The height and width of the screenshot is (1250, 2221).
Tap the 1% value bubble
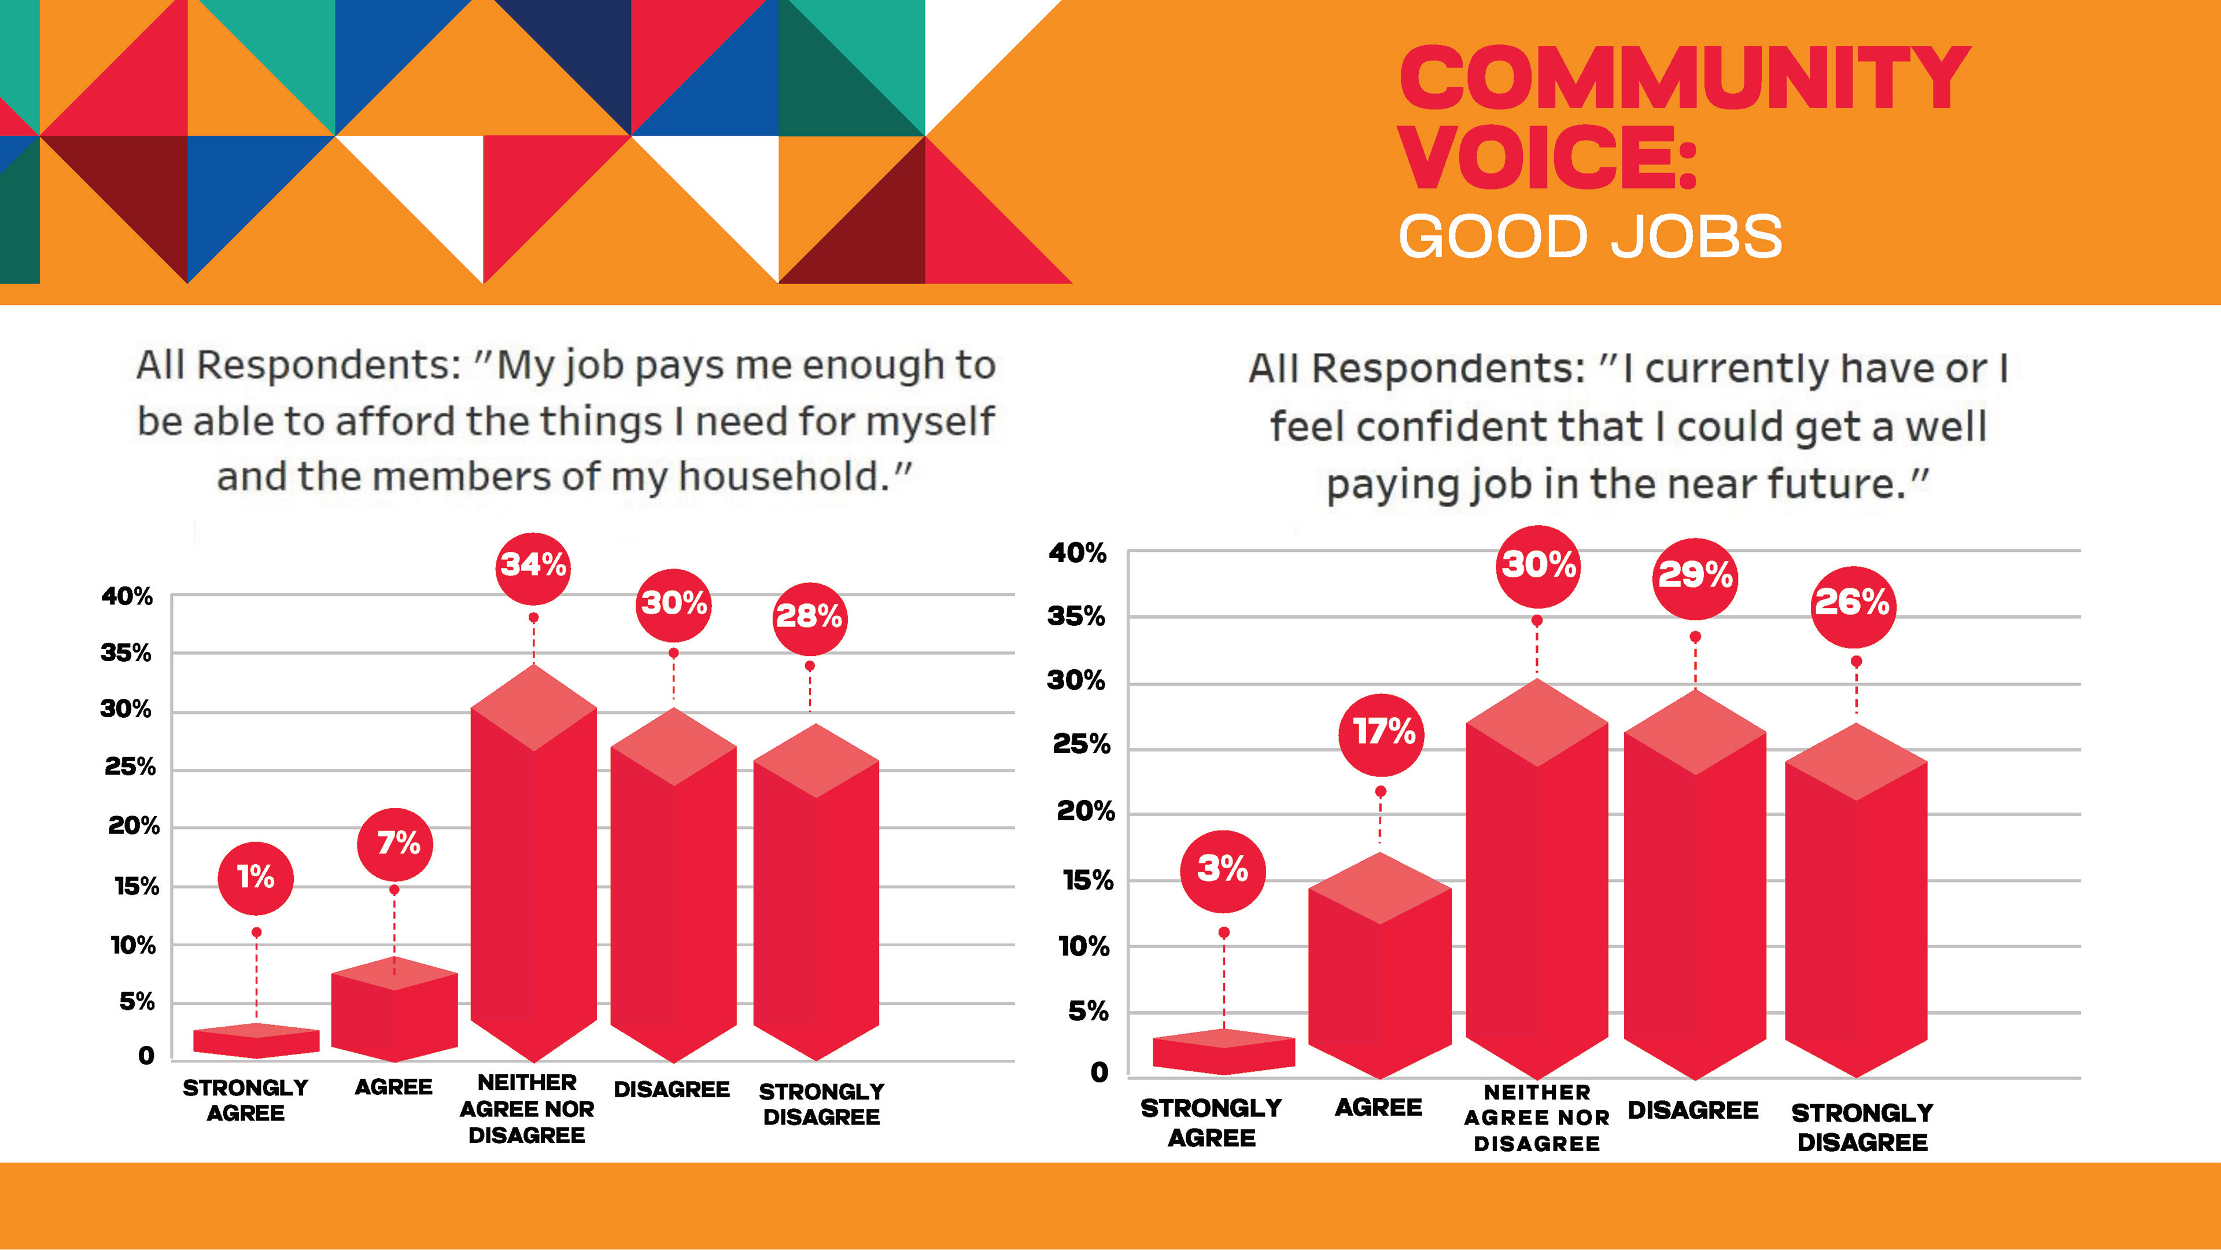pyautogui.click(x=255, y=877)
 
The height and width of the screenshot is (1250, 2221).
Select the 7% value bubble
pyautogui.click(x=395, y=843)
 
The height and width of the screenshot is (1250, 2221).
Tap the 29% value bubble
pyautogui.click(x=1695, y=576)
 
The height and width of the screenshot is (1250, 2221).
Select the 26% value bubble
pyautogui.click(x=1852, y=603)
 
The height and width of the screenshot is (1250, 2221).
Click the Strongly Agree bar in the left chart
pyautogui.click(x=256, y=1041)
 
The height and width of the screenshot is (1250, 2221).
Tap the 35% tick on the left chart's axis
pyautogui.click(x=126, y=652)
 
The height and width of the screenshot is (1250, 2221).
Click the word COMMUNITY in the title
pyautogui.click(x=1683, y=79)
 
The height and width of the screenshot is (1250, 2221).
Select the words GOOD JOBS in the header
pyautogui.click(x=1590, y=237)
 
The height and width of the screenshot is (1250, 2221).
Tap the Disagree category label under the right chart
pyautogui.click(x=1692, y=1111)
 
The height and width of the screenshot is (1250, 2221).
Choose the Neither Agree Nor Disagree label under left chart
pyautogui.click(x=527, y=1109)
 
